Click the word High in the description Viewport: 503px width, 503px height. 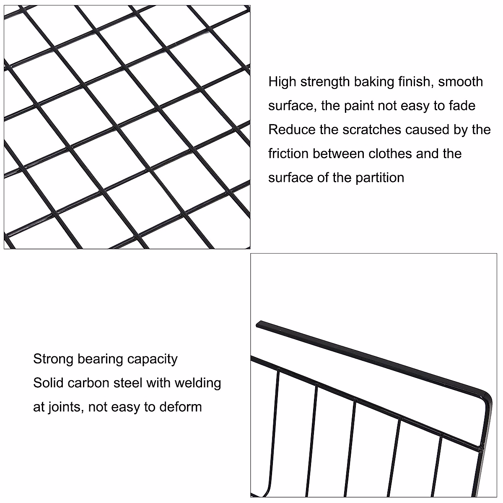[x=282, y=81]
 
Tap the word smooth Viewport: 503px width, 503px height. [x=461, y=81]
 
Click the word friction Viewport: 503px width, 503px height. [x=288, y=153]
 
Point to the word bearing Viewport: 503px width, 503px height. [x=100, y=359]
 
